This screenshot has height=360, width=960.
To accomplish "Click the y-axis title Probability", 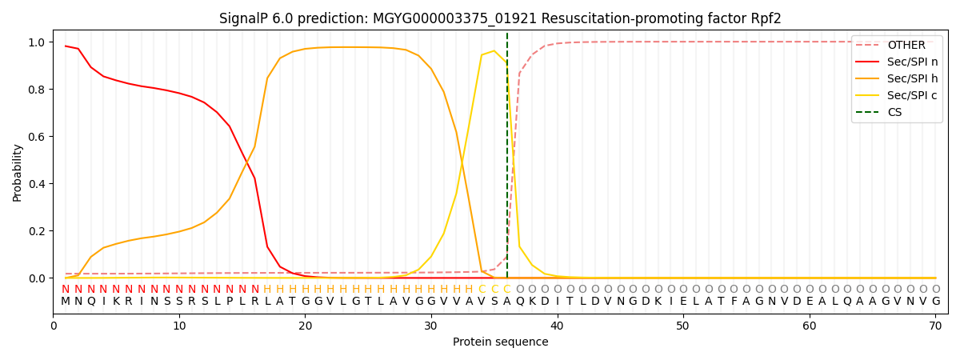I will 18,172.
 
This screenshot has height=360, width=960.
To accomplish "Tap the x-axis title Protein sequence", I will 500,342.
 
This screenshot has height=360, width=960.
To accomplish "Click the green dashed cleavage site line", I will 506,160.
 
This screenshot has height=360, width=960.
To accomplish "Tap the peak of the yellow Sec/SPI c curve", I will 494,51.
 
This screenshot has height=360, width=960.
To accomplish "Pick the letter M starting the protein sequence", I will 66,302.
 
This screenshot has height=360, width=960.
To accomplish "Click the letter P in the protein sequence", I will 230,302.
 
